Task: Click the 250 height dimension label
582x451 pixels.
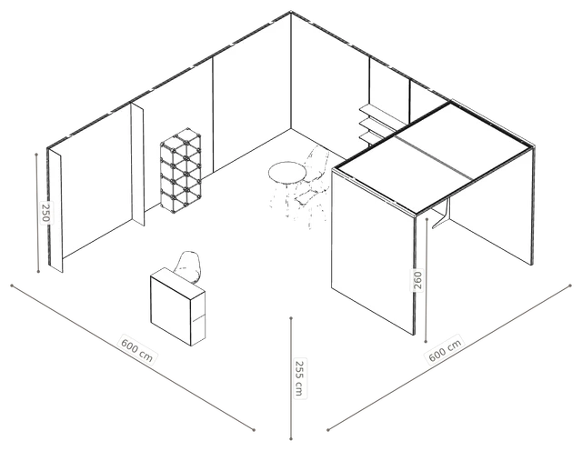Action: [x=45, y=213]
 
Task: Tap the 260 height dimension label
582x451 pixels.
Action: [x=417, y=280]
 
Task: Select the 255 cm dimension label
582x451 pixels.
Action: [x=299, y=378]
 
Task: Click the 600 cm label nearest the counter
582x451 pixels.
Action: [x=137, y=348]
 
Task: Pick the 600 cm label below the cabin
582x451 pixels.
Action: [x=445, y=350]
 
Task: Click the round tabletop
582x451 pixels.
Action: [x=287, y=173]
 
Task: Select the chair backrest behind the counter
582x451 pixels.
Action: [x=189, y=266]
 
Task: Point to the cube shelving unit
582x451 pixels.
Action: [x=181, y=171]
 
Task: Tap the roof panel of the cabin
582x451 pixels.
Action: [x=433, y=157]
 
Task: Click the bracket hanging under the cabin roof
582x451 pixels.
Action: [x=443, y=214]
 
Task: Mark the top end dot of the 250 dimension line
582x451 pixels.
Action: [x=36, y=154]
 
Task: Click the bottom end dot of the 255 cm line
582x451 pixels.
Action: [x=291, y=439]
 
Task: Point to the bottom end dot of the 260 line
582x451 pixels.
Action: [x=426, y=342]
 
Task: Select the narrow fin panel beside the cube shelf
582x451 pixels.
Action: [x=137, y=165]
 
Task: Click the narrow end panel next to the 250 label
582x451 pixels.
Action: [x=55, y=210]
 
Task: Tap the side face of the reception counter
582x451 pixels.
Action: [x=198, y=318]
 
